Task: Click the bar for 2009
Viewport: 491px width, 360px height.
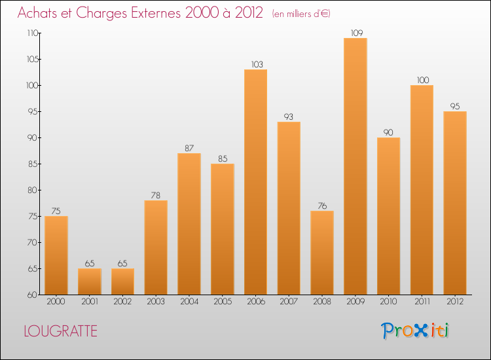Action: click(355, 166)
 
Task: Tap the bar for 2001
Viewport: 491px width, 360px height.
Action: click(89, 281)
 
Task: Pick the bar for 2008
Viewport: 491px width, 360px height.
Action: click(322, 253)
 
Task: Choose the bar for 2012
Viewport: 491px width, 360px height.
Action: click(455, 203)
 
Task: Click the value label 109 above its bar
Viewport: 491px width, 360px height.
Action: click(355, 33)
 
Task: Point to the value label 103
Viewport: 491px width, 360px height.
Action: click(255, 64)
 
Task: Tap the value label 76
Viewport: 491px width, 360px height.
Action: click(322, 206)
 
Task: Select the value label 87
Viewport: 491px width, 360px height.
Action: click(189, 148)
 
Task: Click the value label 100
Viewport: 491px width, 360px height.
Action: click(422, 80)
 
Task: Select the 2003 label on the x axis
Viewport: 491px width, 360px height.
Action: click(156, 302)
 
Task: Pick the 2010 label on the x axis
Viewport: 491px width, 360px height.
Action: click(389, 302)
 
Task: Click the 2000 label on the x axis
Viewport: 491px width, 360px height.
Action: click(56, 302)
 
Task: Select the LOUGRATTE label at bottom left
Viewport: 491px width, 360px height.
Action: click(60, 331)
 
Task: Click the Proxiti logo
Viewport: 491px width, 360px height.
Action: click(415, 331)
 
